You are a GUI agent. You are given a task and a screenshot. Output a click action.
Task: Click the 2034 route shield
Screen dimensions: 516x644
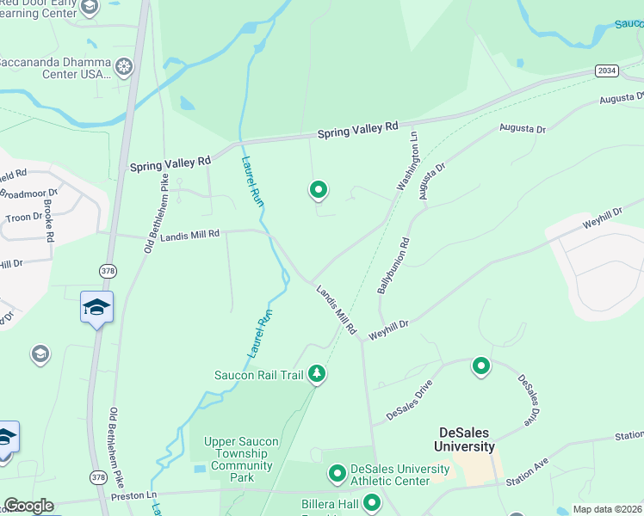[606, 71]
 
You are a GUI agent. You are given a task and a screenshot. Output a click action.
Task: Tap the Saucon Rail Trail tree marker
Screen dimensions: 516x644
[318, 373]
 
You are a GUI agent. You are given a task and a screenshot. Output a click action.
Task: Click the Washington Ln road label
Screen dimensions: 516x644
[407, 161]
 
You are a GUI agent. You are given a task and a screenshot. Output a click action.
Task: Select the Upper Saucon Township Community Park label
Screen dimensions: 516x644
[241, 459]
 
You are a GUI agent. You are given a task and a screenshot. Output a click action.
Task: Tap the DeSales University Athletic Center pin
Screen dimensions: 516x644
[337, 473]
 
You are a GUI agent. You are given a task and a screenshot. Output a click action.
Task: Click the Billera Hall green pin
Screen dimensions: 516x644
[372, 502]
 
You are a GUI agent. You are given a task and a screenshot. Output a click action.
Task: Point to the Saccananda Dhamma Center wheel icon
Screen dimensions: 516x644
[125, 66]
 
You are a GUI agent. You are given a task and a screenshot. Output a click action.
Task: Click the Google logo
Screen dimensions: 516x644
[28, 506]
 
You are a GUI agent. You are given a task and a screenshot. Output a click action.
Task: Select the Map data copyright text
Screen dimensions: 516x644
[608, 509]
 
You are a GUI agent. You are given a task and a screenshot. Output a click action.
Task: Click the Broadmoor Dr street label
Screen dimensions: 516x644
[28, 193]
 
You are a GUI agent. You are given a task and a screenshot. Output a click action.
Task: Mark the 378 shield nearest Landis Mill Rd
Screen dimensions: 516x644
[108, 271]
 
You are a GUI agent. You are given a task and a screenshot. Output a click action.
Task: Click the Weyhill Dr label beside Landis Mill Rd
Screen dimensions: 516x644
[387, 329]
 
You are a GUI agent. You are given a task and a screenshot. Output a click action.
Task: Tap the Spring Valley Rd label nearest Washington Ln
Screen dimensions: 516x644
[357, 130]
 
